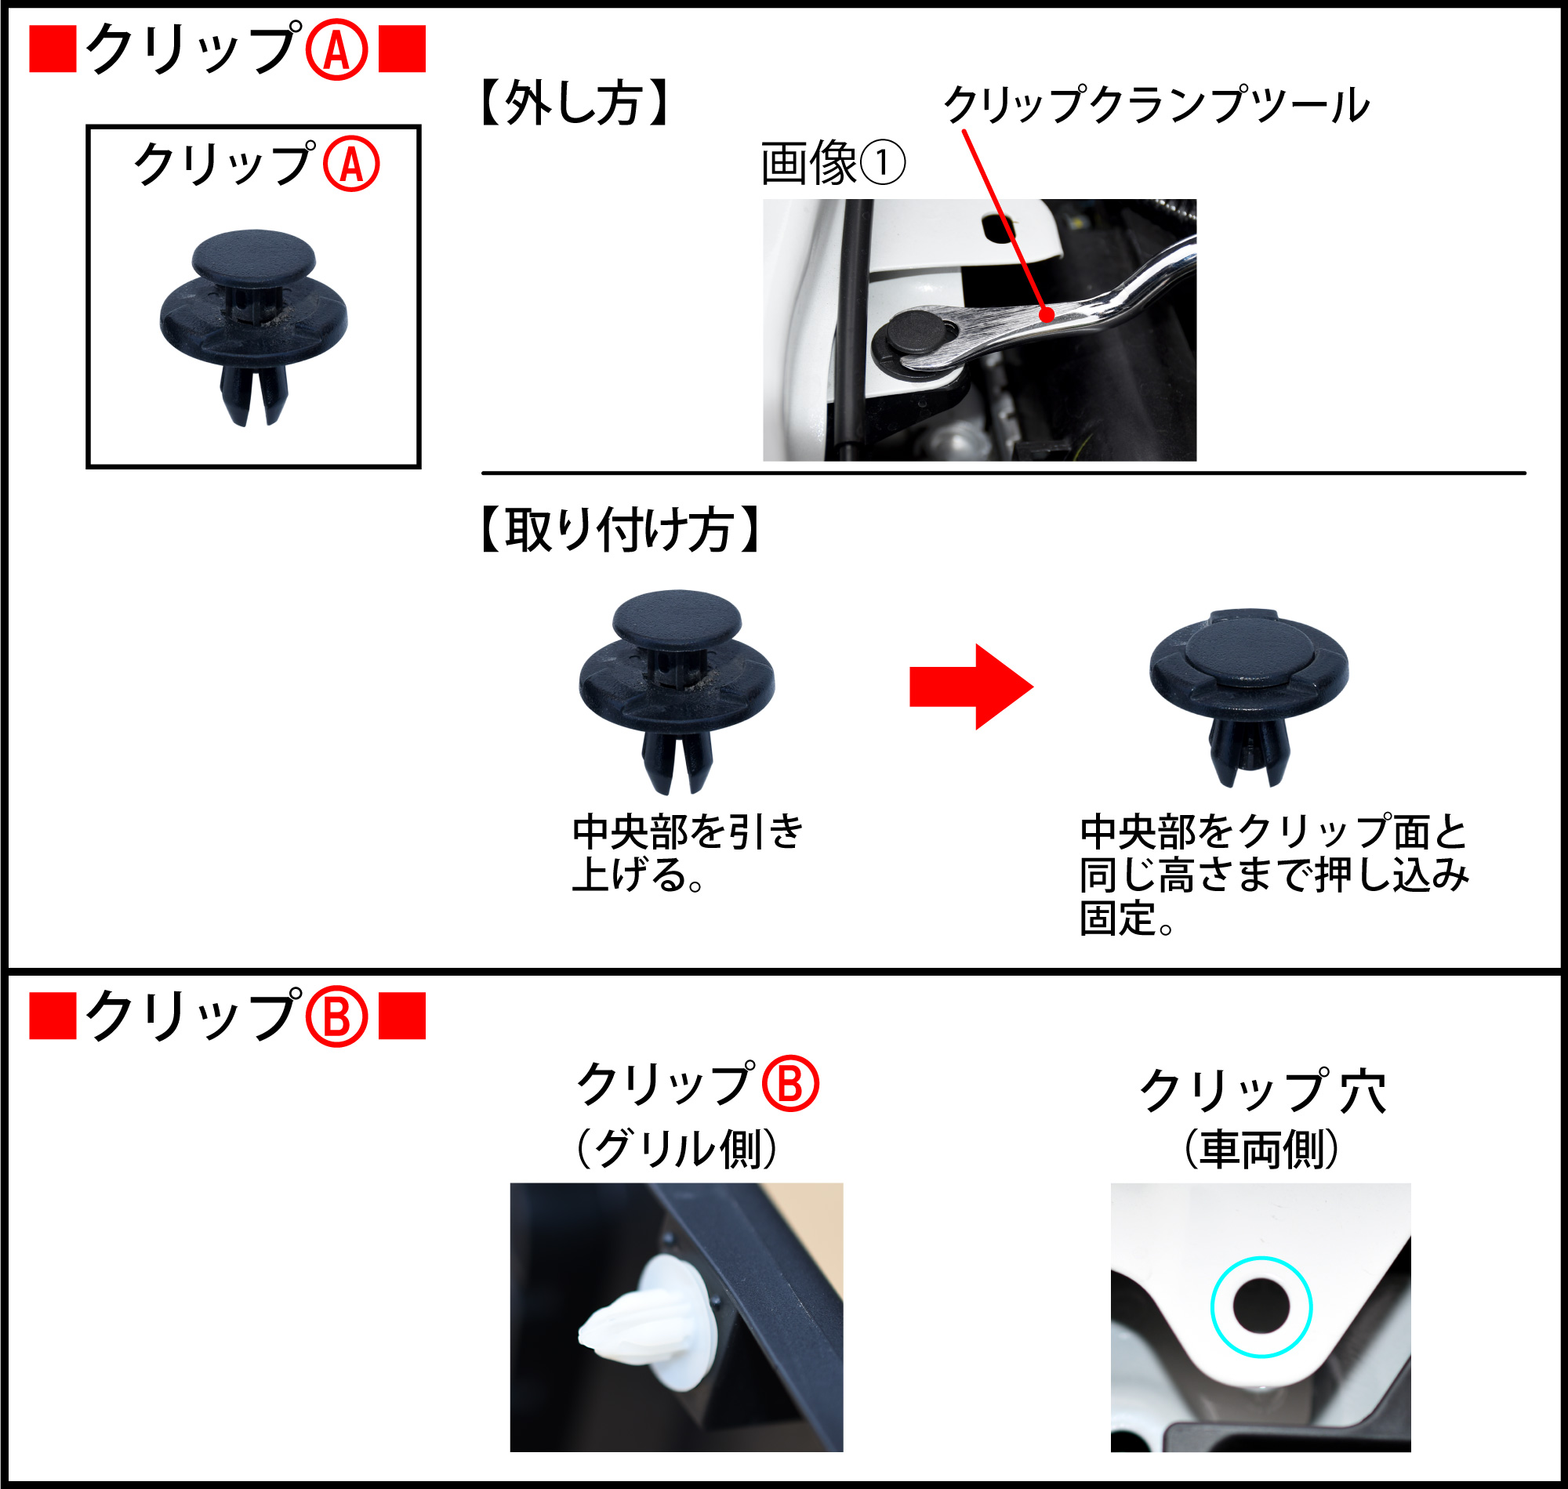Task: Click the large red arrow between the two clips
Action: click(x=969, y=687)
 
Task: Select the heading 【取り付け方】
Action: click(x=620, y=530)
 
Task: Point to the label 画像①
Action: click(x=832, y=164)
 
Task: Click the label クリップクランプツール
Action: click(x=1156, y=106)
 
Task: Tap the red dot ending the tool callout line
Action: click(x=1047, y=315)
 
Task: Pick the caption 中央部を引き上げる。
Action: click(x=688, y=853)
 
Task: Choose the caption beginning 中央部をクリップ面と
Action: click(x=1273, y=874)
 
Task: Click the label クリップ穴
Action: click(x=1262, y=1092)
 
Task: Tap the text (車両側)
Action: click(x=1261, y=1150)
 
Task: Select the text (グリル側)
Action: click(x=677, y=1149)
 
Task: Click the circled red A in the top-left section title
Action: click(x=336, y=50)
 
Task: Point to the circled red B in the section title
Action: click(x=336, y=1018)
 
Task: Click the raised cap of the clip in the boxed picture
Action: click(x=253, y=255)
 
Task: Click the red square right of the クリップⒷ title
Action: click(x=401, y=1016)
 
